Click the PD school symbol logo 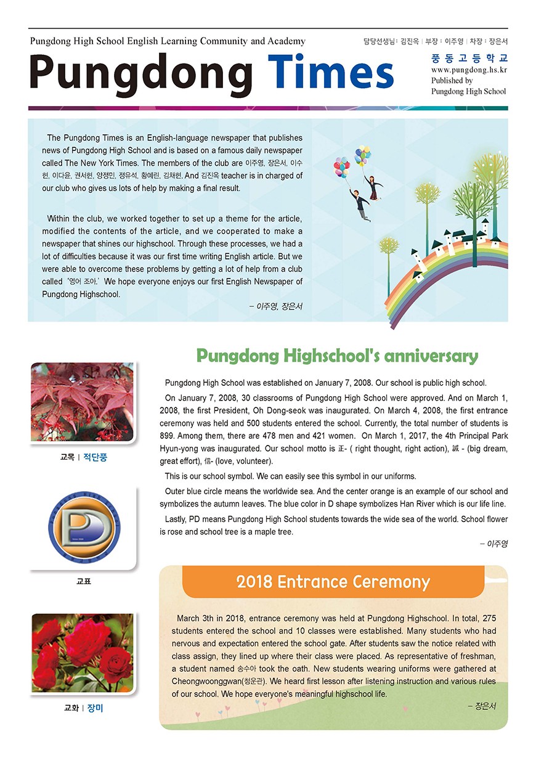click(83, 526)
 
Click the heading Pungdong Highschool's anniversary click(337, 356)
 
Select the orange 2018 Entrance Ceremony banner click(333, 582)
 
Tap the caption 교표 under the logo click(83, 581)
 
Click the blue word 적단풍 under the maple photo click(95, 458)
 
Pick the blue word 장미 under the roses click(95, 708)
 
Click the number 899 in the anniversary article click(168, 436)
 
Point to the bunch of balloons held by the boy click(341, 166)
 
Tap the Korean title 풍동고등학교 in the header click(469, 59)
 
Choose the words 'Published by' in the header click(452, 81)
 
